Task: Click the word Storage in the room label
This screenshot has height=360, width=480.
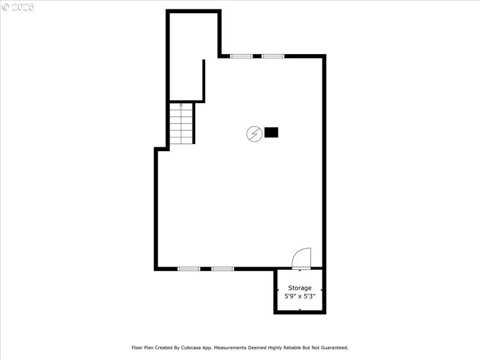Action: coord(300,288)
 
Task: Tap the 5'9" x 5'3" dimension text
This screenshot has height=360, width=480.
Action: coord(300,296)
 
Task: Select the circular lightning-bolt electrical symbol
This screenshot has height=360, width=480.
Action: coord(254,133)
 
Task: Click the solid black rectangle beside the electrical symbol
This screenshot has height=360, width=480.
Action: coord(271,133)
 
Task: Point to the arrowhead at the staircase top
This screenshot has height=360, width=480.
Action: coord(181,105)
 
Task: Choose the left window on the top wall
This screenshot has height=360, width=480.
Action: coord(242,56)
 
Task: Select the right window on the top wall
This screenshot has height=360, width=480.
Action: coord(272,56)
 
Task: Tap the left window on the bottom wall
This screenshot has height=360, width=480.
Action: coord(189,269)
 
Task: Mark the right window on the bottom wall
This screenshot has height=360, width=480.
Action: coord(223,269)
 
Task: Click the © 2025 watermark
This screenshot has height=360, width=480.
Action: coord(18,7)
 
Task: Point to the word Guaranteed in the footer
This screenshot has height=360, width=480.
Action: coord(334,347)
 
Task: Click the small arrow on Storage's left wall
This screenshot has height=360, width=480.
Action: coord(278,290)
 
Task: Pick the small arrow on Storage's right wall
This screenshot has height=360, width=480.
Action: coord(322,290)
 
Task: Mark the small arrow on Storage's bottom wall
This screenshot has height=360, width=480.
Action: coord(300,309)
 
